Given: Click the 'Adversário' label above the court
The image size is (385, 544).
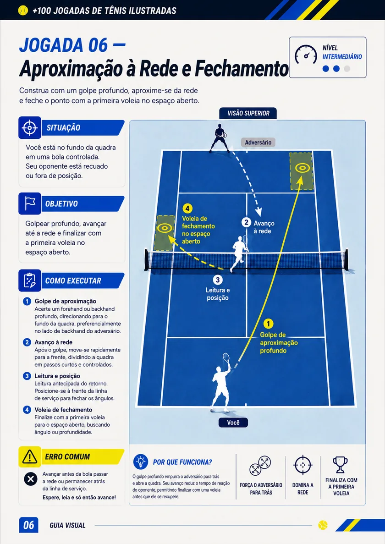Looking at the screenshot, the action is pos(258,142).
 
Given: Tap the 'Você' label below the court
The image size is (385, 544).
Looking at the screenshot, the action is pos(233,423).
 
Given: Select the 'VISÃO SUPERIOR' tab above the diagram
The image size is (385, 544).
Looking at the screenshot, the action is pos(248,113).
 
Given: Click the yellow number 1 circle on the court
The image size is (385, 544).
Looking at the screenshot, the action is pos(268,324).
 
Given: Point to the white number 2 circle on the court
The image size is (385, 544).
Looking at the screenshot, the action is pos(246,222).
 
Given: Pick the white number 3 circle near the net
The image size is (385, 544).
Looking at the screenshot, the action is pos(217,280).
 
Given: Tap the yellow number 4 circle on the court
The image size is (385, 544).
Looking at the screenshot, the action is pos(187,209).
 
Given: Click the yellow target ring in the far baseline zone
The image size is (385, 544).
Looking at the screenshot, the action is pos(302,168).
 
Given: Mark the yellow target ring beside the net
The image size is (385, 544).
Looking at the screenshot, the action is pos(165,228).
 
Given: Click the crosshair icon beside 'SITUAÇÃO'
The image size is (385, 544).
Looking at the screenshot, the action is pos(30,128).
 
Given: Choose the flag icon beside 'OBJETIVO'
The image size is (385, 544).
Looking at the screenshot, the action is pos(30,203).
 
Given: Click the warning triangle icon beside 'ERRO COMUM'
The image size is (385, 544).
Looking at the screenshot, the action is pos(30,457).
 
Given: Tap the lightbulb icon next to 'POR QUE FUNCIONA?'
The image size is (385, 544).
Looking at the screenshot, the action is pos(140,462).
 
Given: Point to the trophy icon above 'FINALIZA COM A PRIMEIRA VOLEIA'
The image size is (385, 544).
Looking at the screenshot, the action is pos(340,465).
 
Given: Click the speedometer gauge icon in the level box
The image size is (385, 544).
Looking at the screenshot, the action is pos(306,55).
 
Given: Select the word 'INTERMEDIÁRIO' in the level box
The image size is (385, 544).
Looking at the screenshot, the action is pos(342,57).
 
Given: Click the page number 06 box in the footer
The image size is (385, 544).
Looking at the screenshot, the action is pos(28,525).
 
